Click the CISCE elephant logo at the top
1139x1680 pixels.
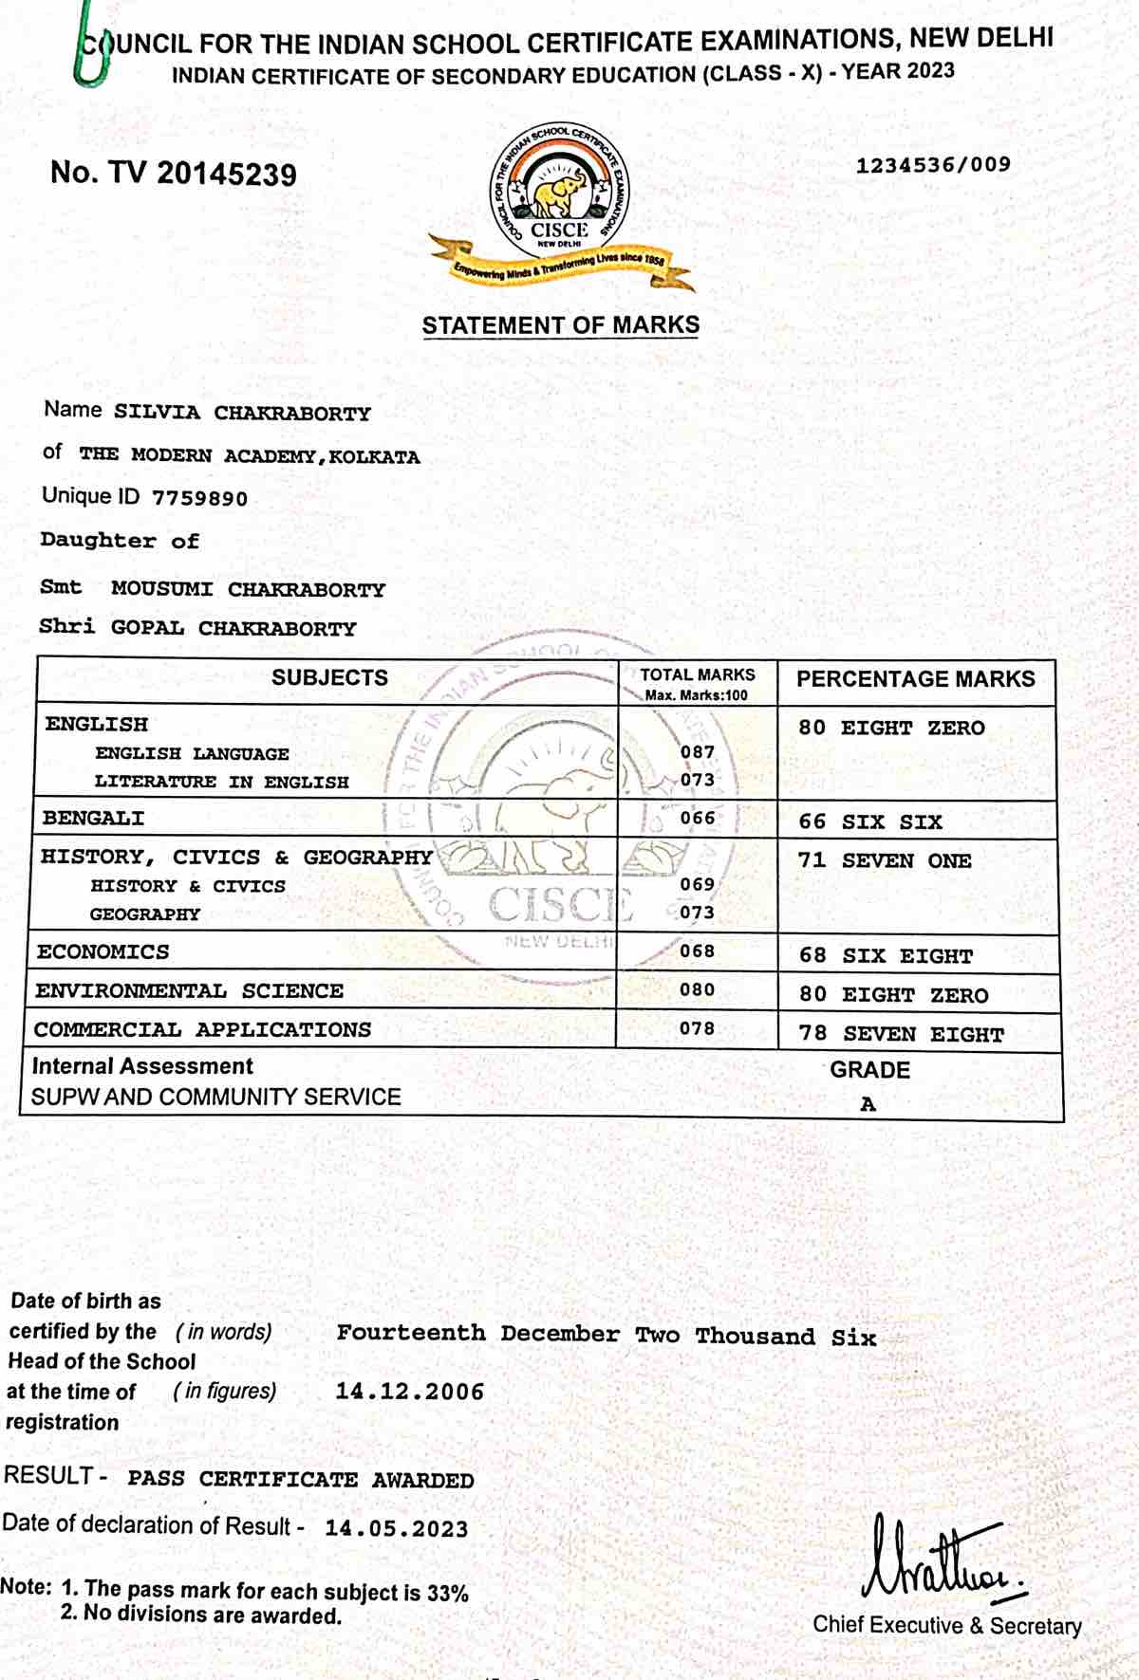tap(560, 194)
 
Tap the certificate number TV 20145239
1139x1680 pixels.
tap(174, 174)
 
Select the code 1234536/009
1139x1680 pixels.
tap(933, 165)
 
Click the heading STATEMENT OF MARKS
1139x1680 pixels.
tap(560, 325)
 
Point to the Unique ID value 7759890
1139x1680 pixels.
tap(199, 499)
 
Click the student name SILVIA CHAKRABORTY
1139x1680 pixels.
tap(242, 414)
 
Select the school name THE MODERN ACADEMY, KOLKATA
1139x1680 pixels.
tap(250, 456)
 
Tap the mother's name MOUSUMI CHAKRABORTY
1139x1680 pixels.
tap(248, 590)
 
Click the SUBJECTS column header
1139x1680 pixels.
tap(329, 678)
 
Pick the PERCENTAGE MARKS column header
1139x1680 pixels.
tap(915, 679)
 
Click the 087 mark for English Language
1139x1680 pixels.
tap(698, 752)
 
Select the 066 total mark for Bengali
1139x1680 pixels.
tap(698, 818)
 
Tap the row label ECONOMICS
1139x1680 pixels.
tap(103, 952)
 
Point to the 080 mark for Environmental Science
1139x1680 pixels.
tap(697, 990)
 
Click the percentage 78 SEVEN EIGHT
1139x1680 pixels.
tap(901, 1034)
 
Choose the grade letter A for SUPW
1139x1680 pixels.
tap(868, 1105)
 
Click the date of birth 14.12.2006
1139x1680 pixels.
tap(410, 1393)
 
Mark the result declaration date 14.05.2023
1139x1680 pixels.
tap(397, 1529)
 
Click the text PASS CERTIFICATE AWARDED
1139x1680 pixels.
tap(301, 1480)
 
